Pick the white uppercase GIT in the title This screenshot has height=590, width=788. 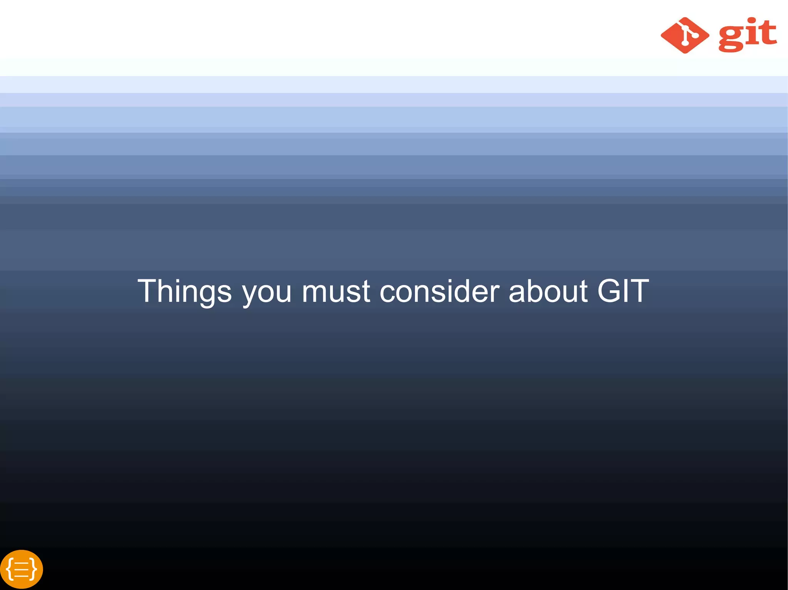[x=623, y=291]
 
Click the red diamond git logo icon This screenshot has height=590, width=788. [x=685, y=35]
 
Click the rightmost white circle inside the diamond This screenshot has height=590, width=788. [x=695, y=35]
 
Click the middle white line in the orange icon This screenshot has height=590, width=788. [x=22, y=569]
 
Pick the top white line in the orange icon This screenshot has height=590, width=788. [x=22, y=563]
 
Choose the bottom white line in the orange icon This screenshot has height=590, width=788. [x=22, y=575]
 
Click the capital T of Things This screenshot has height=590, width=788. [x=146, y=291]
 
